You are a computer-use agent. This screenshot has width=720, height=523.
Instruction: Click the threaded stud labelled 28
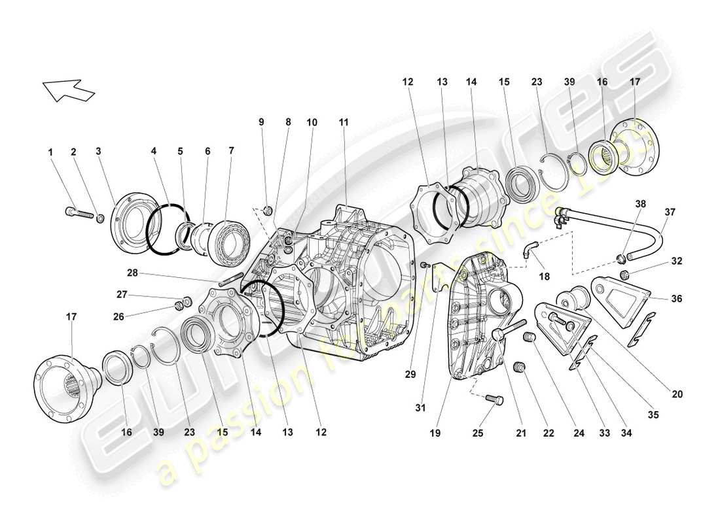pyautogui.click(x=232, y=280)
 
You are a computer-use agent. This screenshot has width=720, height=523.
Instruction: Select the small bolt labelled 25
pyautogui.click(x=495, y=399)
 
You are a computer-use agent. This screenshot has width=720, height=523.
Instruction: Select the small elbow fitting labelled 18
pyautogui.click(x=528, y=248)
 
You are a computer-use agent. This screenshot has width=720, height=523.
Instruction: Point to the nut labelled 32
pyautogui.click(x=624, y=273)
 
